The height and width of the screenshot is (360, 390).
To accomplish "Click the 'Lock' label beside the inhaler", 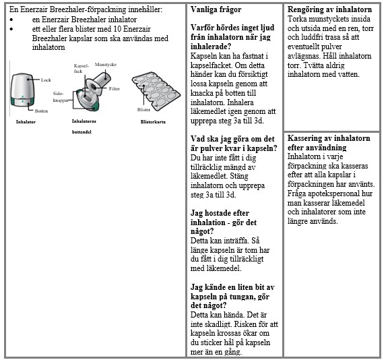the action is click(46, 80).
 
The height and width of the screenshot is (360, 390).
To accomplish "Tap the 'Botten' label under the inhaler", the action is click(41, 111).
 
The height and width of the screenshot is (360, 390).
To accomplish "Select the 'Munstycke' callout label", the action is click(106, 65).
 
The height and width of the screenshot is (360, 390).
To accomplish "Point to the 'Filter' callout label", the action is click(114, 88).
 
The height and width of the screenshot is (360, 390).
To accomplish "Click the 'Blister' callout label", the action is click(143, 109).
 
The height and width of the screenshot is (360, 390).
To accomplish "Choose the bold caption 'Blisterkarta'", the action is click(153, 122).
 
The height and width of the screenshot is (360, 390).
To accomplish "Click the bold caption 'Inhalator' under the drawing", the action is click(26, 122).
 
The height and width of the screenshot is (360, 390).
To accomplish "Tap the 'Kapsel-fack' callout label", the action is click(81, 69).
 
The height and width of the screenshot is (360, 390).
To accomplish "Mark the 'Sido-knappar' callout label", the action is click(61, 97).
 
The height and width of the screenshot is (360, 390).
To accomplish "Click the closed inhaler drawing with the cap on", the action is click(22, 90).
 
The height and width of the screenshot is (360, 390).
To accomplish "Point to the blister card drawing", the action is click(156, 92).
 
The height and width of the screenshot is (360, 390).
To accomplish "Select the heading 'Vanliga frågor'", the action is click(216, 9).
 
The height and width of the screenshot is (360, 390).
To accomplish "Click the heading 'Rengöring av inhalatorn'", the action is click(329, 9).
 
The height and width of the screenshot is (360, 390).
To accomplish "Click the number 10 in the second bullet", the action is click(117, 29).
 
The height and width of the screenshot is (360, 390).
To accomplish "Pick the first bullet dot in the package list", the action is click(11, 20).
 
